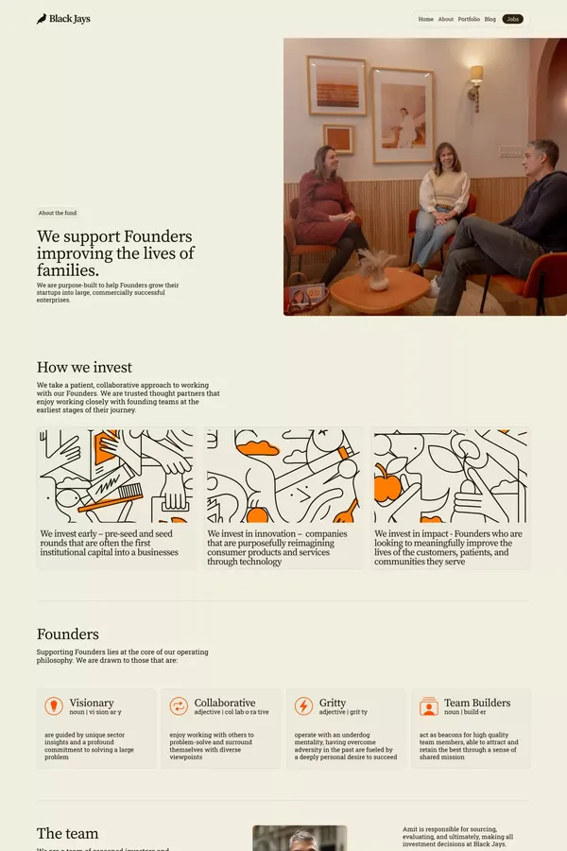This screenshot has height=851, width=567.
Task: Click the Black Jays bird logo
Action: point(42,19)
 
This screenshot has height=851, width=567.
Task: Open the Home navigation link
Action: point(426,19)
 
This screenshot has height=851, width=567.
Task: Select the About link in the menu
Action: point(446,19)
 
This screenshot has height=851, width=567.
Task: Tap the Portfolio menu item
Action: point(469,19)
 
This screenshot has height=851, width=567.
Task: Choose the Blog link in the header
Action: point(490,19)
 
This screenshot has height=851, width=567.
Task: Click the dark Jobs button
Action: point(513,19)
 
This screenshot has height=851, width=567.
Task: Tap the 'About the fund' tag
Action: point(59,213)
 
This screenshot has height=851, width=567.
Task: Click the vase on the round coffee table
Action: point(378,277)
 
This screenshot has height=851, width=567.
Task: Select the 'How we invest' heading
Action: point(84,367)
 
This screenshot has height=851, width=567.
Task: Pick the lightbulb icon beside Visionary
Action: point(54,706)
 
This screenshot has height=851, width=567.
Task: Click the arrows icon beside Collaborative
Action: point(179,706)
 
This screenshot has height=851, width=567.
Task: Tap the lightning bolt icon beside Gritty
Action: point(303,706)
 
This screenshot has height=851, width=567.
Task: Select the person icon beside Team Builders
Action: point(429,706)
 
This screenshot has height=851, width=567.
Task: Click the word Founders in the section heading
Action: point(68,634)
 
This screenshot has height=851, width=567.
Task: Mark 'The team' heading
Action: point(67,833)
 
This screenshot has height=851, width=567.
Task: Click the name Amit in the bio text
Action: point(410,829)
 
